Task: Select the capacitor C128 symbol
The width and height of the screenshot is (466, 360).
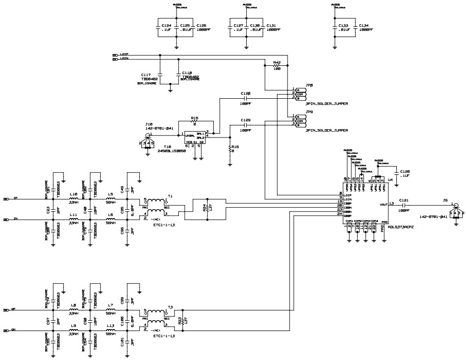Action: pyautogui.click(x=245, y=98)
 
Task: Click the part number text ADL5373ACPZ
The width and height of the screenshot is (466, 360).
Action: pyautogui.click(x=402, y=227)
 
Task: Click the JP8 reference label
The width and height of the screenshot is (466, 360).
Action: pyautogui.click(x=309, y=85)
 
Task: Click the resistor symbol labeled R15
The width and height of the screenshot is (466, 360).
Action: pyautogui.click(x=194, y=123)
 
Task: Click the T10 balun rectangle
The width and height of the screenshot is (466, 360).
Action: pyautogui.click(x=193, y=137)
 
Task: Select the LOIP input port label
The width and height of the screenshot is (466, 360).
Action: pyautogui.click(x=124, y=55)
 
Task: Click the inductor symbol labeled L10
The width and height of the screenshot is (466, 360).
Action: pyautogui.click(x=73, y=199)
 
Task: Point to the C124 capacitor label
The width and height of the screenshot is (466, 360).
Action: pyautogui.click(x=166, y=25)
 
